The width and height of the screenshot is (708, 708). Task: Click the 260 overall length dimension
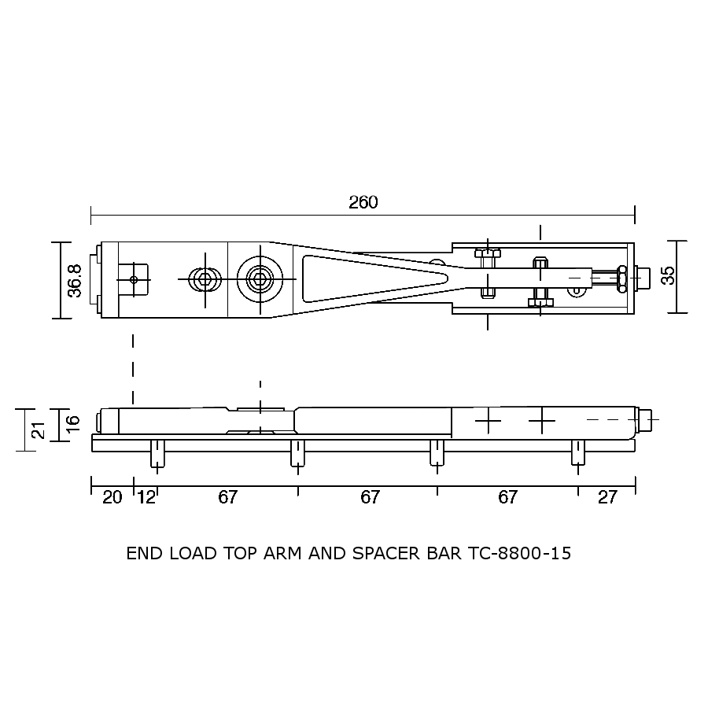[x=363, y=202]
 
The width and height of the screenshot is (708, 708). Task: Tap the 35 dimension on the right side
[x=667, y=275]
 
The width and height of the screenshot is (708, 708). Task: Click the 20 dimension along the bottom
[x=112, y=497]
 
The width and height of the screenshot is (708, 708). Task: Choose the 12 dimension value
[x=146, y=497]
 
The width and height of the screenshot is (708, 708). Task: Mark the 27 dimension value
[x=607, y=497]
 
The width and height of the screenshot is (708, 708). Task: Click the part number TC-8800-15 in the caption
[x=519, y=553]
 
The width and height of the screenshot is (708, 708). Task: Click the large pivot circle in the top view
[x=260, y=278]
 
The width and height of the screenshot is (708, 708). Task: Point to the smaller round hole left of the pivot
[x=205, y=278]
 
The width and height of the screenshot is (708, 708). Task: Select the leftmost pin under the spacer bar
[x=157, y=455]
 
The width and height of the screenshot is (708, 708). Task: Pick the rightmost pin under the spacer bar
[x=578, y=455]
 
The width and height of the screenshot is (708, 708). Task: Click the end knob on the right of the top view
[x=642, y=276]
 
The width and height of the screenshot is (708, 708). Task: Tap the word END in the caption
[x=142, y=553]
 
